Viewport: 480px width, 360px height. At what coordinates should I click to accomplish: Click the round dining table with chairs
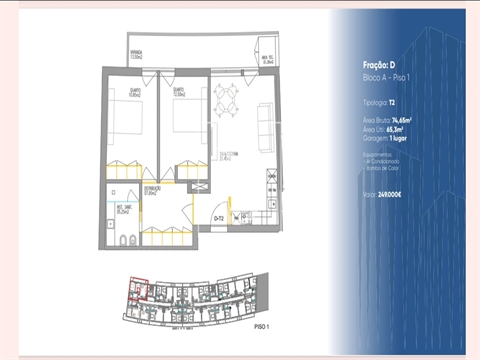click(x=226, y=98)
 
